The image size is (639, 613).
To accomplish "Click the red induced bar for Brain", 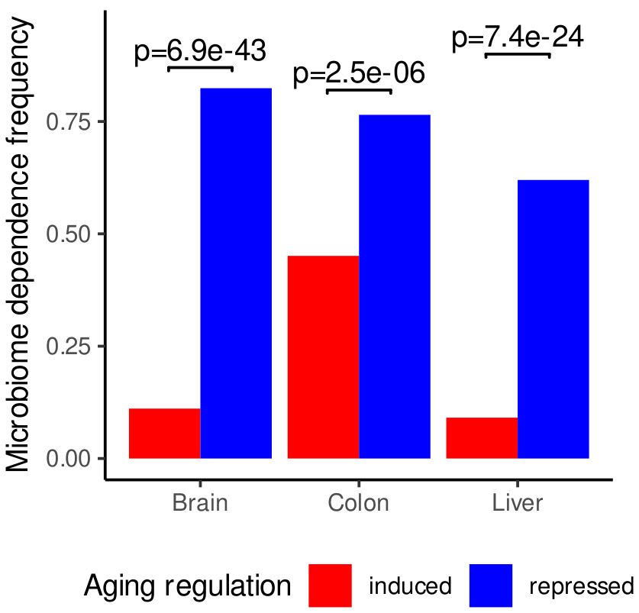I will click(165, 433).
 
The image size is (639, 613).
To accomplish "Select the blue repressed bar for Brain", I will click(236, 273).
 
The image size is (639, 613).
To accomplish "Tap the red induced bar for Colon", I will click(323, 357).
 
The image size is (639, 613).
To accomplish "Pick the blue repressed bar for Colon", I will click(395, 286).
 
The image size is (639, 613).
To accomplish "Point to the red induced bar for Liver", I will click(482, 437).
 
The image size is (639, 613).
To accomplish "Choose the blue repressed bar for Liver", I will click(553, 319).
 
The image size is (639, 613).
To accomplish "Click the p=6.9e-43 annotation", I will click(200, 52).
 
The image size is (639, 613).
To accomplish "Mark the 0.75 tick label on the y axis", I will click(69, 122).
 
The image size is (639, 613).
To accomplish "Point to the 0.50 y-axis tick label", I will click(69, 234).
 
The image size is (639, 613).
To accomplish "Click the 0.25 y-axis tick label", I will click(69, 346).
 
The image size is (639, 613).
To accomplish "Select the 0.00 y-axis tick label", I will click(69, 458).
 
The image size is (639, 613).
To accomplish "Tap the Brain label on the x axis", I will click(200, 504).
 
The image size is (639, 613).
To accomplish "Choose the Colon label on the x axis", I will click(359, 504).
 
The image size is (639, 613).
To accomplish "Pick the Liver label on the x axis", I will click(518, 504).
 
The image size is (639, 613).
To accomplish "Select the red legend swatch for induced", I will click(331, 586).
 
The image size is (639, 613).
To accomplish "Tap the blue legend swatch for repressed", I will click(490, 586).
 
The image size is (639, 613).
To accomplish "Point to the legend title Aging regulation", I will click(187, 586).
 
